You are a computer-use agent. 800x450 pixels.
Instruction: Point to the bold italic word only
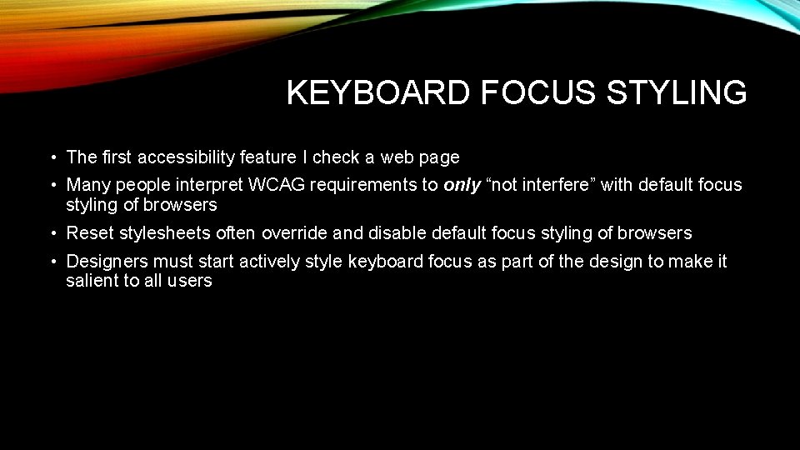pos(462,185)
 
